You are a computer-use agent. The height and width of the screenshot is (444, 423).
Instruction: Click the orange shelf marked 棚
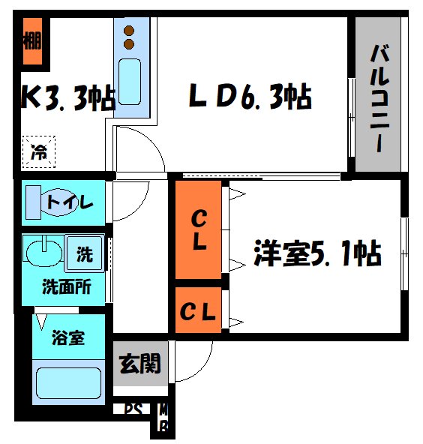point(31,41)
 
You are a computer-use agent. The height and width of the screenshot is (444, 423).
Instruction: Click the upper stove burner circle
point(128,31)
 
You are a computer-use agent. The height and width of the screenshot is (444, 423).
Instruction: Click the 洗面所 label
point(66,287)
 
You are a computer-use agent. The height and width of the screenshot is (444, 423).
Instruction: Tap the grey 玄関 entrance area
point(140,365)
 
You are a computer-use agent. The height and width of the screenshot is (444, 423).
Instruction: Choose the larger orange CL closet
point(199,231)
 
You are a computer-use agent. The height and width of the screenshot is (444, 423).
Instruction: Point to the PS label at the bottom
point(133,410)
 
